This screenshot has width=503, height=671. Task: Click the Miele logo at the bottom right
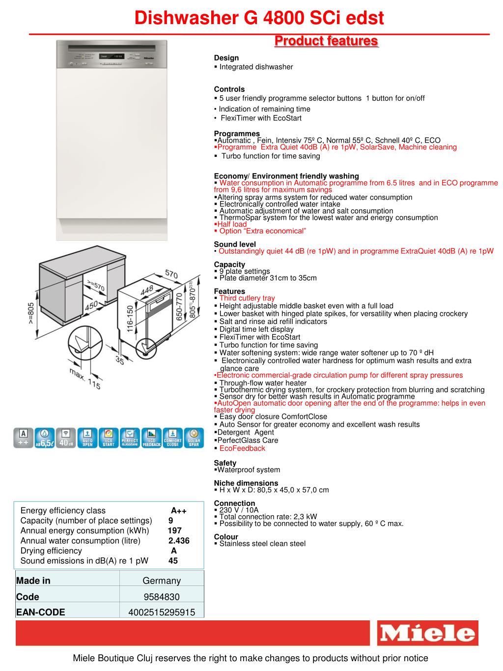pyautogui.click(x=427, y=633)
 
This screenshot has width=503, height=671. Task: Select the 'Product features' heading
pyautogui.click(x=326, y=41)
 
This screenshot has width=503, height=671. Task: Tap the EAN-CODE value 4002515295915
pyautogui.click(x=162, y=612)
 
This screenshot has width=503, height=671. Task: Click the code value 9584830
pyautogui.click(x=162, y=597)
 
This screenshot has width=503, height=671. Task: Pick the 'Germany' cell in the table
pyautogui.click(x=162, y=581)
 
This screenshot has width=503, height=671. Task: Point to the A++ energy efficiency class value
pyautogui.click(x=178, y=511)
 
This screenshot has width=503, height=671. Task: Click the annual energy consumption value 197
pyautogui.click(x=175, y=530)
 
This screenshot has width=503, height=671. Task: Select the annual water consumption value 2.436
pyautogui.click(x=179, y=541)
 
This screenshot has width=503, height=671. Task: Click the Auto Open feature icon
pyautogui.click(x=87, y=438)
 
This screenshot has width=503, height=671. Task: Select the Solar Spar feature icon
pyautogui.click(x=194, y=438)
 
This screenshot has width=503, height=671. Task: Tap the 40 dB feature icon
pyautogui.click(x=66, y=438)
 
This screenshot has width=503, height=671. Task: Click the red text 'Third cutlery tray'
pyautogui.click(x=247, y=298)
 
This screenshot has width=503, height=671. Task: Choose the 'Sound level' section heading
pyautogui.click(x=235, y=244)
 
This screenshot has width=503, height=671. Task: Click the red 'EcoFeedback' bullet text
pyautogui.click(x=242, y=448)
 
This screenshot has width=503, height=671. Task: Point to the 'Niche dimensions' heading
pyautogui.click(x=246, y=483)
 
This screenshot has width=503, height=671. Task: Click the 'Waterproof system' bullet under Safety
pyautogui.click(x=249, y=470)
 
